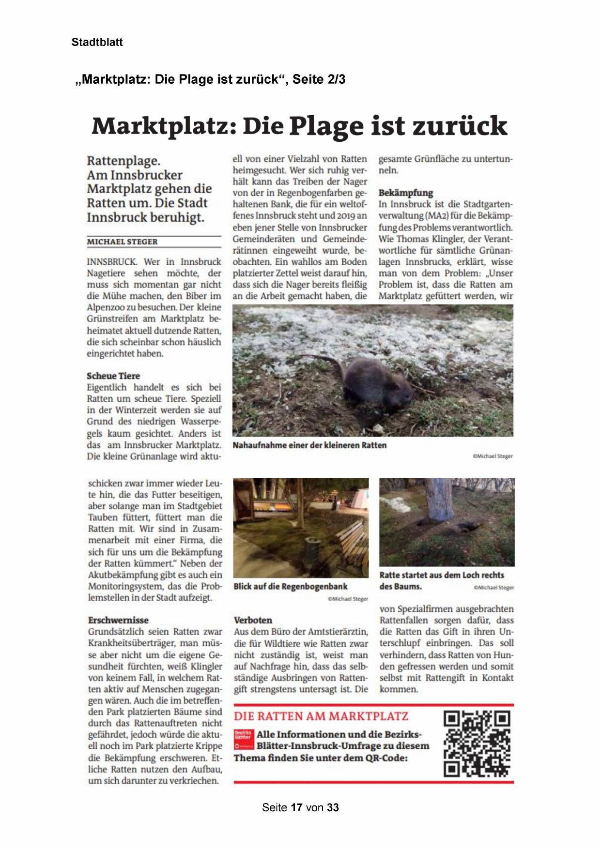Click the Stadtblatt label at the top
tap(97, 42)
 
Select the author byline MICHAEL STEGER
tap(122, 242)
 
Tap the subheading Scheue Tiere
tap(113, 376)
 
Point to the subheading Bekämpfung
tap(405, 193)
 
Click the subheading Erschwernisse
tap(118, 620)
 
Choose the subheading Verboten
tap(253, 620)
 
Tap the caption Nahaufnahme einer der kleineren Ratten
tap(309, 445)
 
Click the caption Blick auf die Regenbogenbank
tap(291, 587)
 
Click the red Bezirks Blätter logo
tap(244, 739)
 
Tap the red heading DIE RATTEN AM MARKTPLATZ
tap(321, 716)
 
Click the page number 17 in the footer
tap(296, 807)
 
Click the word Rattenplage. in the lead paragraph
tap(123, 161)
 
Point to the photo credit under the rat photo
tap(493, 456)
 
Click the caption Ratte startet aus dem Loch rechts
tap(442, 575)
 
